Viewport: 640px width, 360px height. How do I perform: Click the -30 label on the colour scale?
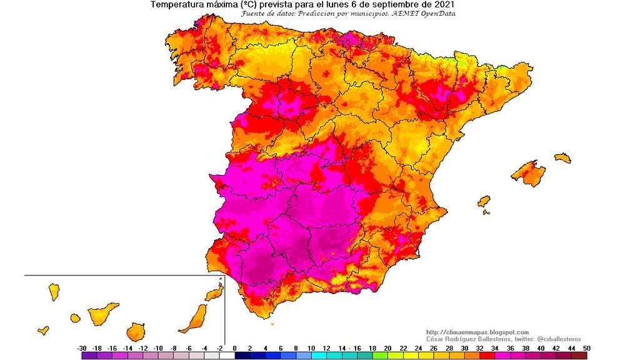pos(82,348)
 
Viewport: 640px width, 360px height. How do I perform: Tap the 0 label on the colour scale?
pos(234,348)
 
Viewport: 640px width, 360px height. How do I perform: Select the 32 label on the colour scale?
pos(479,348)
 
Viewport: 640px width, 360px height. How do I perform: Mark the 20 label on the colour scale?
pos(387,348)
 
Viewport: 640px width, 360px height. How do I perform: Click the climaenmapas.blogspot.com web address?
pos(477,332)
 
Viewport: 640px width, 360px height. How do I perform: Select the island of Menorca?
pos(562,158)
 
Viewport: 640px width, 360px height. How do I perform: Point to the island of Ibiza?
pos(484,201)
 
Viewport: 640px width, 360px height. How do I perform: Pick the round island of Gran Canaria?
pos(136,331)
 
